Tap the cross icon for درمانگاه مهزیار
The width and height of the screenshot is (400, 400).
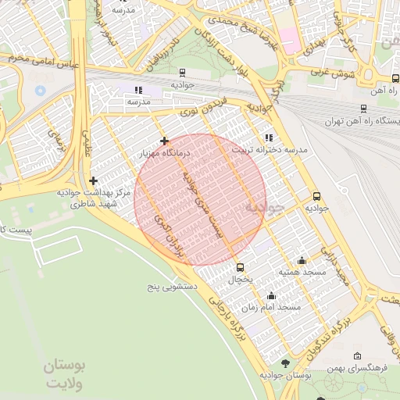164,141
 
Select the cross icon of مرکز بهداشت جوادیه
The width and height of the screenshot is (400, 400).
94,180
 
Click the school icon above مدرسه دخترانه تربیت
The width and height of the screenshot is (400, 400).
269,137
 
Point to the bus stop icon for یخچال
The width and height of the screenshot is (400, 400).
240,267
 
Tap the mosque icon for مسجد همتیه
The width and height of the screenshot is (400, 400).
302,261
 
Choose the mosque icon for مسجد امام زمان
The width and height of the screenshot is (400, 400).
271,296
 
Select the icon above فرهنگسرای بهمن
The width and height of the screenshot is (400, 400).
347,356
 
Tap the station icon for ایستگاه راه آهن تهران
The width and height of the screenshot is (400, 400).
363,109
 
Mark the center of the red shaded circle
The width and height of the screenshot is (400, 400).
200,199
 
